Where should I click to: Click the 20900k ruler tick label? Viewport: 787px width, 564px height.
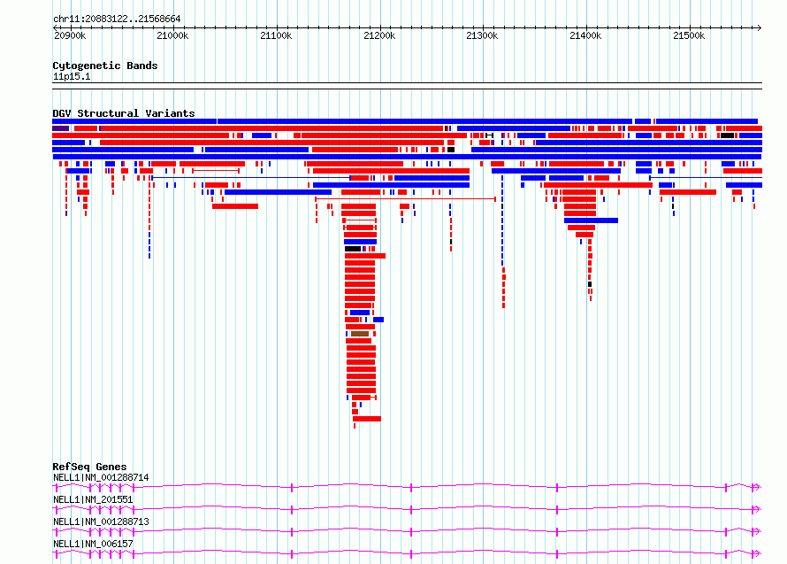click(x=70, y=35)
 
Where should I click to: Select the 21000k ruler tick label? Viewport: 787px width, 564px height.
click(x=172, y=35)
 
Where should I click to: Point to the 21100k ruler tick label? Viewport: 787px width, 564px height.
click(x=276, y=35)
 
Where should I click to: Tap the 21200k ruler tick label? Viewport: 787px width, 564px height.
click(x=379, y=35)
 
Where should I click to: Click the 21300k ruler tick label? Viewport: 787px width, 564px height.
click(x=482, y=35)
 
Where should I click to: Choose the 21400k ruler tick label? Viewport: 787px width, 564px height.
click(x=585, y=35)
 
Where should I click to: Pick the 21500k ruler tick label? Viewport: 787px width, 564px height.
click(x=689, y=35)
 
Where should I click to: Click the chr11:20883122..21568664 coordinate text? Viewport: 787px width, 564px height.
click(x=117, y=19)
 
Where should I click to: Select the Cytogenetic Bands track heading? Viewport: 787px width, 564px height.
click(x=105, y=66)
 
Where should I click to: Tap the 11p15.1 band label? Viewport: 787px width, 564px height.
click(x=72, y=76)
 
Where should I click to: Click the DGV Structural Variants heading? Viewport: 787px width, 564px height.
click(x=124, y=113)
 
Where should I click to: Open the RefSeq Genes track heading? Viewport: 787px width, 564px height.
click(x=89, y=467)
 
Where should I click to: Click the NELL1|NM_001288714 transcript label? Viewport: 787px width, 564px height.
click(x=101, y=477)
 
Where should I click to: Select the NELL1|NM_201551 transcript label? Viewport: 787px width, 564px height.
click(x=93, y=499)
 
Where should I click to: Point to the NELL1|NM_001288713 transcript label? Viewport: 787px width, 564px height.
click(x=101, y=522)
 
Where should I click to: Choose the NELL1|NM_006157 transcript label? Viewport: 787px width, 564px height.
click(x=93, y=544)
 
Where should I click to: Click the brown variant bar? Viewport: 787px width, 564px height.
click(x=360, y=334)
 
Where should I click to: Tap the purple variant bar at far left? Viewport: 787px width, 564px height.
click(x=61, y=128)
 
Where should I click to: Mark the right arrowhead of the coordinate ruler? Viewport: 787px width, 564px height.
click(x=760, y=28)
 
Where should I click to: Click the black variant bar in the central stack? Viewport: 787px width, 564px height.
click(x=353, y=249)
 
